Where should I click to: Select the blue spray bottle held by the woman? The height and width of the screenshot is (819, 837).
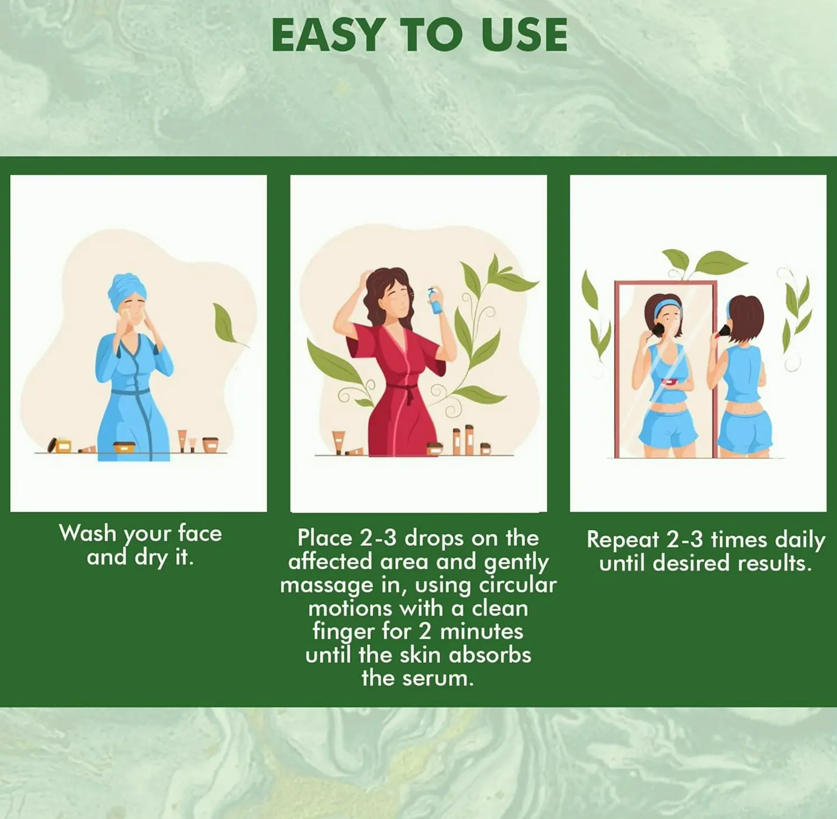click(x=435, y=301)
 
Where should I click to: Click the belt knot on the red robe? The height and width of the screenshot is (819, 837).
click(x=409, y=392)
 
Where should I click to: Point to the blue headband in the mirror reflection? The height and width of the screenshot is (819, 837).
click(x=667, y=305)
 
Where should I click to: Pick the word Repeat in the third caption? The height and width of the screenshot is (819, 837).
click(x=623, y=540)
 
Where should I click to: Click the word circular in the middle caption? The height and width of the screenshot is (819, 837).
click(x=517, y=585)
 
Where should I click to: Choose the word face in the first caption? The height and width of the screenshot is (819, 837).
click(x=200, y=533)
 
